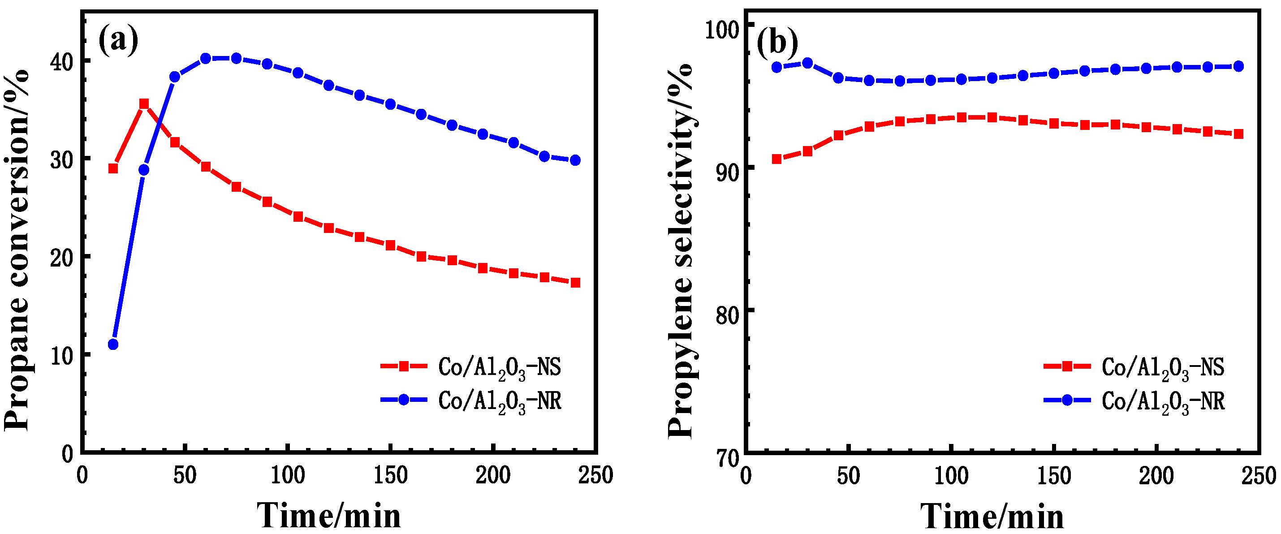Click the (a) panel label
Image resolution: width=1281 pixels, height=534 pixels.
(x=118, y=41)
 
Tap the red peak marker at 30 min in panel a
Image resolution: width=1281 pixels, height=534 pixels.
(x=144, y=103)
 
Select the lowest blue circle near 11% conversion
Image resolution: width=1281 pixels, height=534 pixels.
(x=113, y=344)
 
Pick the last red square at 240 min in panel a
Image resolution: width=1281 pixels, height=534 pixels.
(x=575, y=282)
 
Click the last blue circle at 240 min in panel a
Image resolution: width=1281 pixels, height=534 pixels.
(x=575, y=160)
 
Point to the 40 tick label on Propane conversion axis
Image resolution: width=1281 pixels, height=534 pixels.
(x=62, y=62)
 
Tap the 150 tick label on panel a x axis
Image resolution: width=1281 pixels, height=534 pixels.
(x=390, y=475)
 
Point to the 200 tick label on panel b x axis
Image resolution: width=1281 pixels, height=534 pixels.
(x=1156, y=475)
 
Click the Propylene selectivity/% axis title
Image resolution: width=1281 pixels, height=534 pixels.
(x=680, y=251)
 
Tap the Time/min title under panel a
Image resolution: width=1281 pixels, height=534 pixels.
(x=329, y=515)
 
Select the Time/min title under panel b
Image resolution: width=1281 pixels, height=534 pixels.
(x=992, y=516)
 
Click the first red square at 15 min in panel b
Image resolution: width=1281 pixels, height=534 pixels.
(x=777, y=159)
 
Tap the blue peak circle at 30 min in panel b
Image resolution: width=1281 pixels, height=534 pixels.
(x=807, y=63)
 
